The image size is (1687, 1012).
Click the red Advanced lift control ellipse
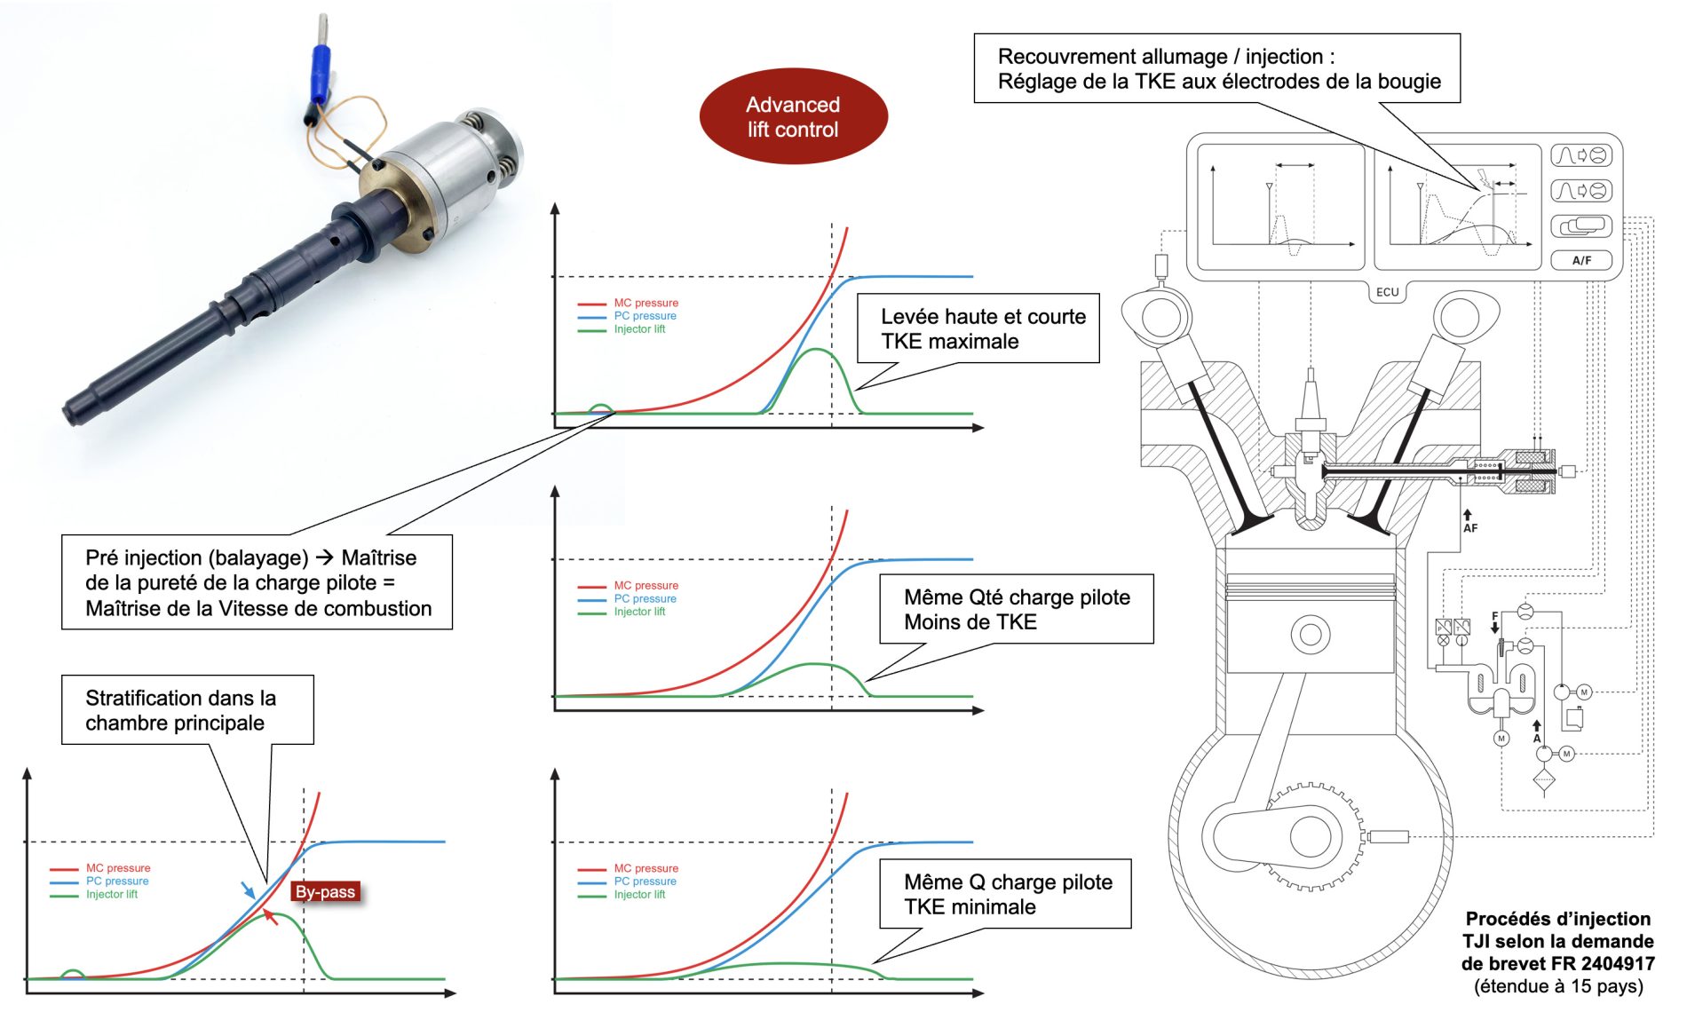coord(793,116)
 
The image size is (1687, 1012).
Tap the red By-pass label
coord(325,892)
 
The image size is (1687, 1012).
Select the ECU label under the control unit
coord(1387,292)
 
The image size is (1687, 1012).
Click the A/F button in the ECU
coord(1581,260)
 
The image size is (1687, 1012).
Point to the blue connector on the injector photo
coord(321,71)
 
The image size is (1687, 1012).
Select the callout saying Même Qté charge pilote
coord(1016,609)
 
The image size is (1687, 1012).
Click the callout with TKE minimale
coord(1005,894)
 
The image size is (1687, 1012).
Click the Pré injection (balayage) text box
coord(257,582)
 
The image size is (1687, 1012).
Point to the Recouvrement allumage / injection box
coord(1216,69)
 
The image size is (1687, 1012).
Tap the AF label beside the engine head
coord(1470,528)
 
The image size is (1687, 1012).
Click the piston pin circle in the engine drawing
coord(1310,635)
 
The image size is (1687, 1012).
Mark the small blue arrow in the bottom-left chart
coord(248,889)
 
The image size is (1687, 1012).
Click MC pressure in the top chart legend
coord(645,303)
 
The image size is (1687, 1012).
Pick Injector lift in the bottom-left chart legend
coord(111,895)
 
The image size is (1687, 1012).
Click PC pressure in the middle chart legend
coord(645,598)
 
